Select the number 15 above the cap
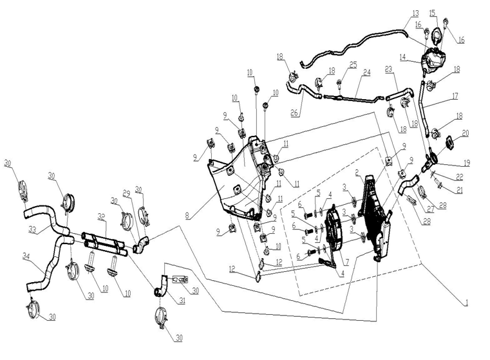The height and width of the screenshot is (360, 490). point(432,13)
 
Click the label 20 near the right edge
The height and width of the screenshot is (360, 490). point(465,133)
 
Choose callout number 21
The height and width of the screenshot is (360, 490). point(460,190)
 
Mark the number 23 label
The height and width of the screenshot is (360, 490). point(388,68)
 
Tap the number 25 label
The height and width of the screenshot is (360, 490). point(353,66)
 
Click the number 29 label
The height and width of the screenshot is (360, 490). point(127,193)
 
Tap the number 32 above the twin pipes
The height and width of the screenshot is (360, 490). point(102,216)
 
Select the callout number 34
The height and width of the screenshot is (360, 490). point(26,256)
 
